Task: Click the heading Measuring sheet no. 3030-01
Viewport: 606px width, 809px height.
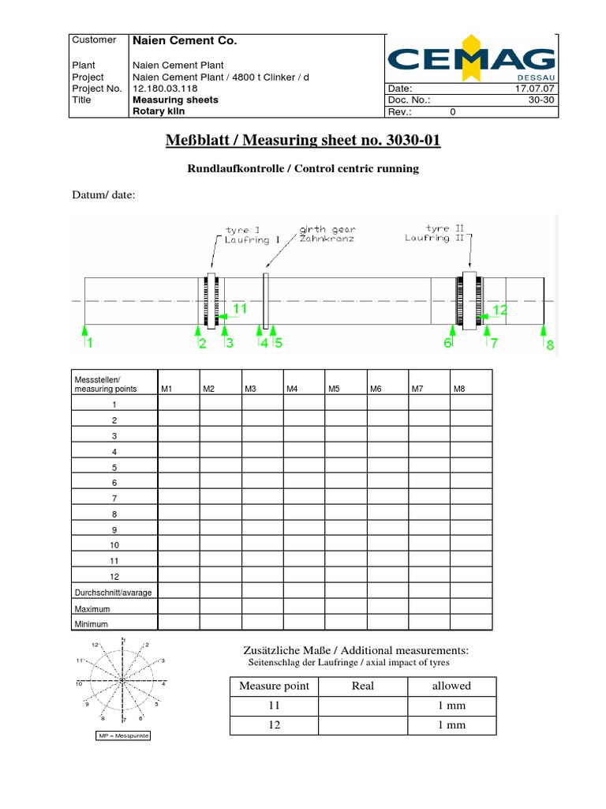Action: (x=303, y=141)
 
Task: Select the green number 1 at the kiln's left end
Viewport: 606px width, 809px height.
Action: (x=90, y=343)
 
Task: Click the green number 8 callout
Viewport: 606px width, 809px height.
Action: (x=550, y=344)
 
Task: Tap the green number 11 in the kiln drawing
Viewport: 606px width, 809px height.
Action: (x=240, y=309)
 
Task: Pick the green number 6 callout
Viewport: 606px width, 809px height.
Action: (x=447, y=343)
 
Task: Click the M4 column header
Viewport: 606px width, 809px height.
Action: (x=291, y=389)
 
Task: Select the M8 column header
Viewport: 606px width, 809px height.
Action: (x=459, y=389)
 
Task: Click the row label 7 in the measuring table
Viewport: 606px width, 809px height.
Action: (x=114, y=498)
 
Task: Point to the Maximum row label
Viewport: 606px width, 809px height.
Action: (x=92, y=609)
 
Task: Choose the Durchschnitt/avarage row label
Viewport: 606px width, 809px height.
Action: (x=113, y=593)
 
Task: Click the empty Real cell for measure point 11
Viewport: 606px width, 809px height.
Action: (x=362, y=706)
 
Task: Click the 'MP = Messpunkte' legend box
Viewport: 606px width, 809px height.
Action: (x=122, y=736)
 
